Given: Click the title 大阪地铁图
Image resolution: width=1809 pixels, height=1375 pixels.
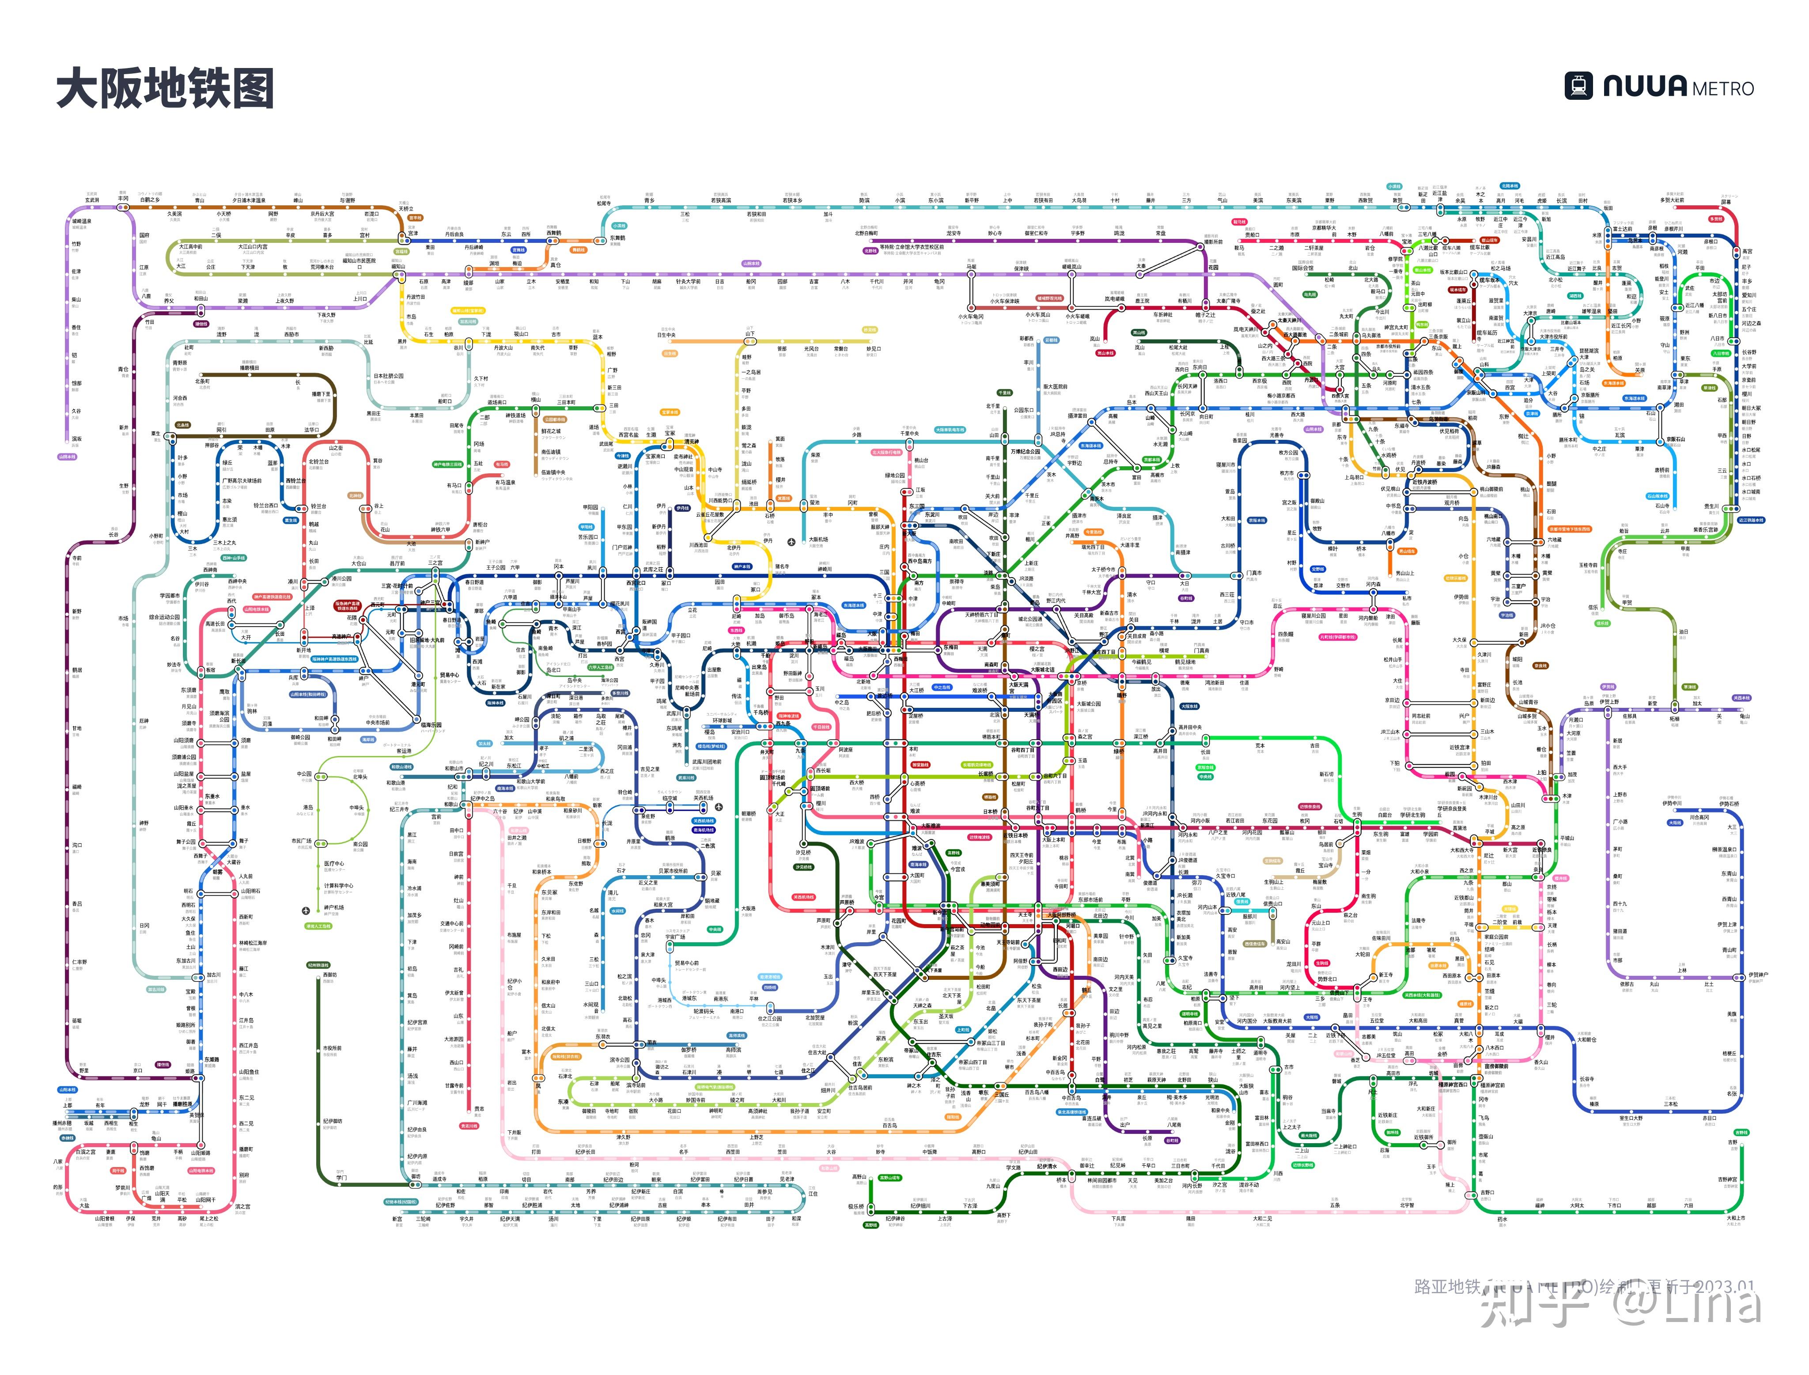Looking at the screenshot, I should coord(165,88).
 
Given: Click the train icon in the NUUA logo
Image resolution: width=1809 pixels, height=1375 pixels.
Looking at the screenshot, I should coord(1579,86).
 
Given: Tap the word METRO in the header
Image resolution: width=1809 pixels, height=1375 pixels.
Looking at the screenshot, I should coord(1722,88).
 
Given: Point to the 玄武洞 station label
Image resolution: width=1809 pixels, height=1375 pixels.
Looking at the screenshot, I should coord(92,200).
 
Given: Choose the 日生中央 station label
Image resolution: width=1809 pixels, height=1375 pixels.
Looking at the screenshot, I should coord(666,335).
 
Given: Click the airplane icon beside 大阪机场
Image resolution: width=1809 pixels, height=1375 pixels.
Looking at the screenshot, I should coord(791,541).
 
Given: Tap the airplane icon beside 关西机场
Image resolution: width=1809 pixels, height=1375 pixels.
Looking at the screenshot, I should coord(719,806).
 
